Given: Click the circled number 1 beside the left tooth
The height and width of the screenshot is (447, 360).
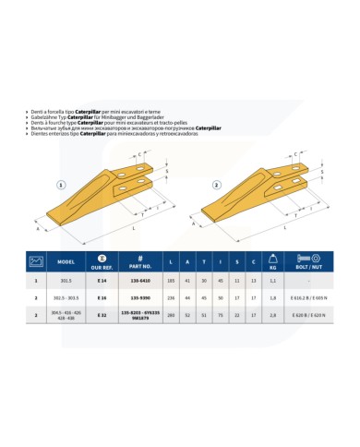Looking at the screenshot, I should [x=61, y=184].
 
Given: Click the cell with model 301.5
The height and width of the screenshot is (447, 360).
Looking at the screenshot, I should [x=66, y=279].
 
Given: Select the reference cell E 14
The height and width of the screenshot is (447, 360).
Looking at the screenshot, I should [x=102, y=279].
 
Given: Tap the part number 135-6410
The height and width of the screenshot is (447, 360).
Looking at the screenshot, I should [x=143, y=279].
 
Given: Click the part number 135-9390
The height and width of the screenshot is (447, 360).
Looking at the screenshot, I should [x=143, y=297].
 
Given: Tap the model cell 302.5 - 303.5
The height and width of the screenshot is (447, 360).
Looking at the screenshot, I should [x=66, y=297].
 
